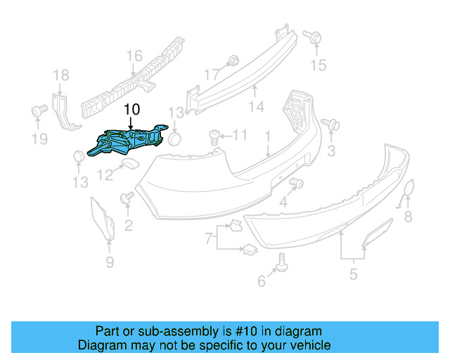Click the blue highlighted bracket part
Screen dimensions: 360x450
click(x=130, y=140)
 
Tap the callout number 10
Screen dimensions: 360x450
click(x=131, y=110)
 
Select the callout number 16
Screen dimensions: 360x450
click(x=134, y=56)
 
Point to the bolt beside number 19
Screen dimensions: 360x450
click(x=39, y=110)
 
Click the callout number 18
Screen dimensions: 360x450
click(x=61, y=75)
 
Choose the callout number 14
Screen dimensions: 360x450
click(x=256, y=107)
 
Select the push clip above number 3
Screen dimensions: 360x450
click(x=328, y=125)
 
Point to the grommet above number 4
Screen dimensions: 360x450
click(x=296, y=184)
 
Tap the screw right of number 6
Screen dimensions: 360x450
click(x=281, y=260)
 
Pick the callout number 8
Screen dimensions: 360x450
click(x=409, y=217)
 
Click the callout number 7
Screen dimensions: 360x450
click(x=208, y=239)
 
